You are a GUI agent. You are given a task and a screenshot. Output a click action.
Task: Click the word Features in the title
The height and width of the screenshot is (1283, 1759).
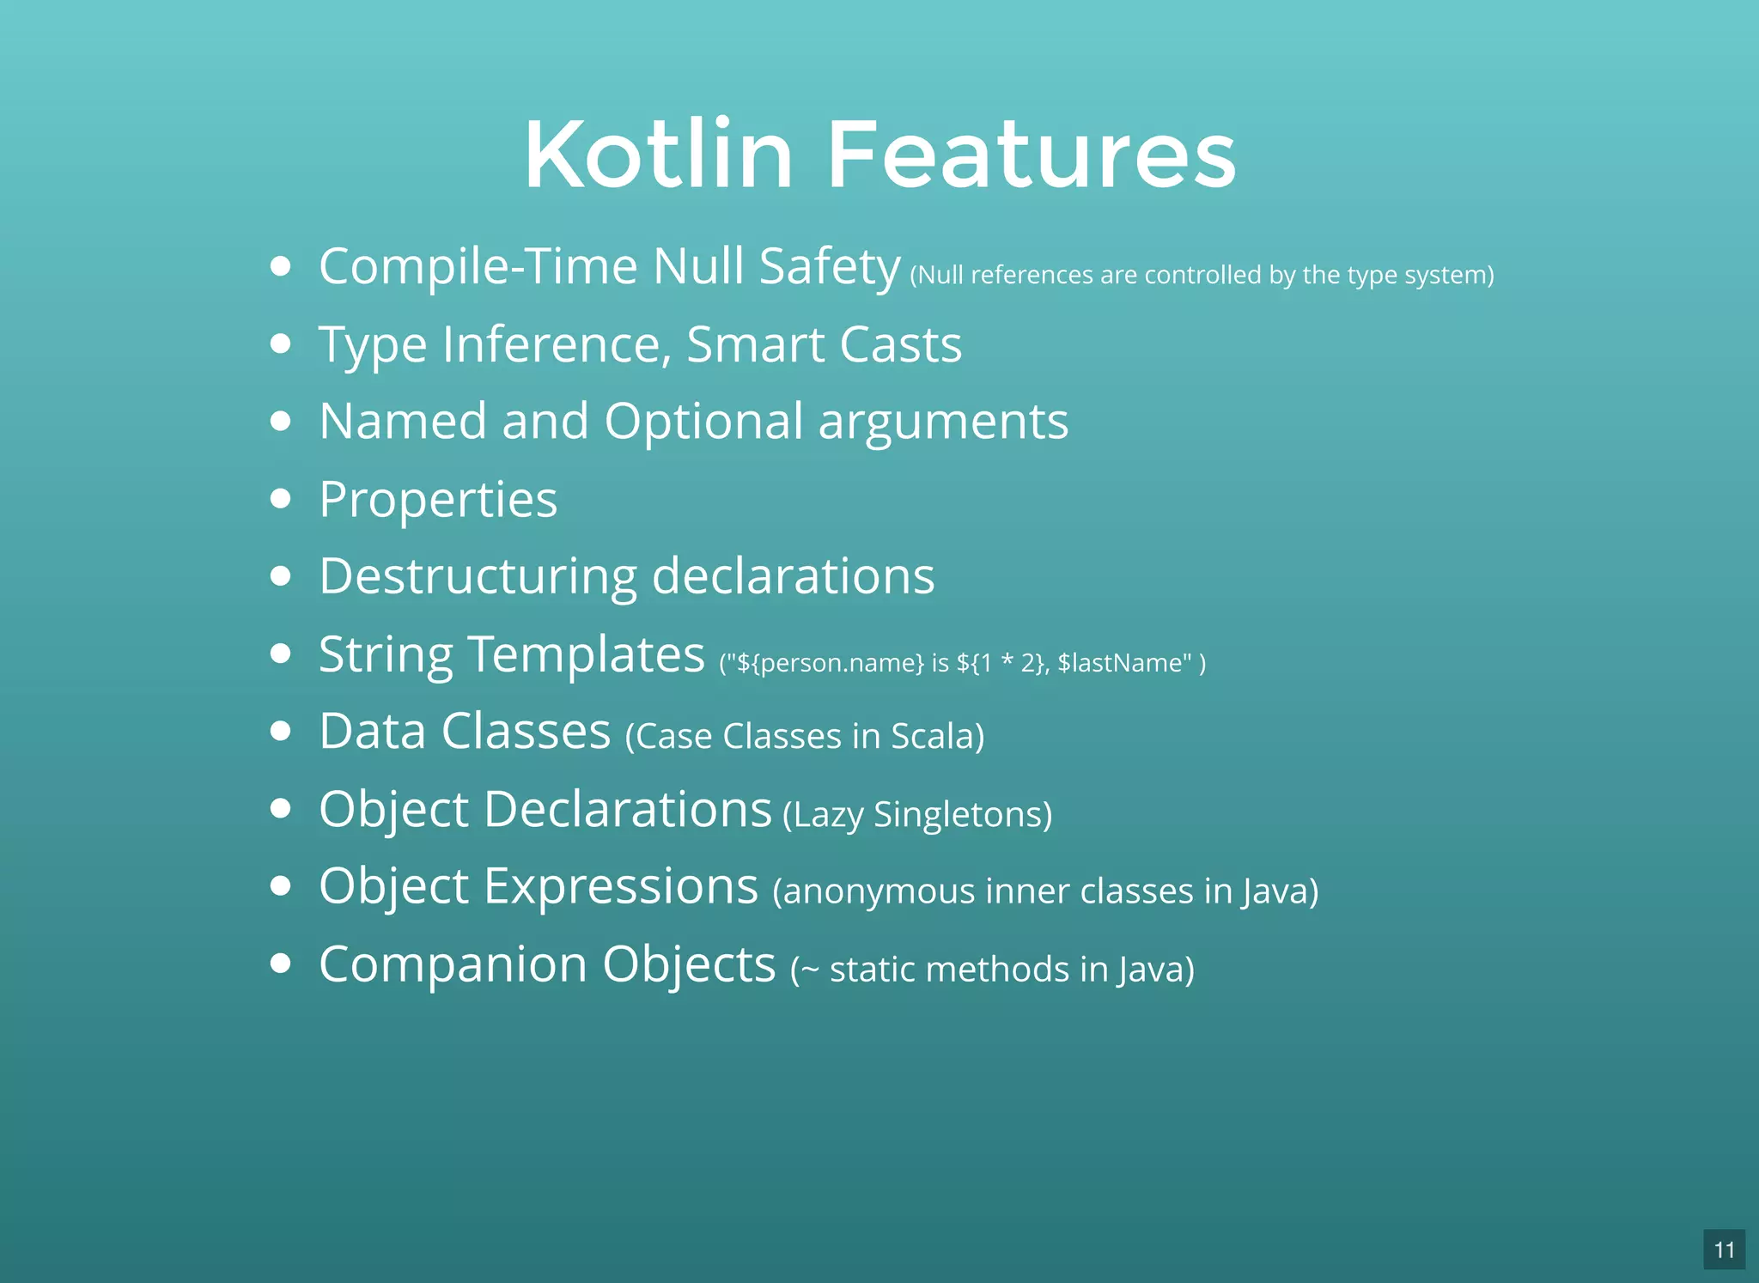[x=1031, y=155]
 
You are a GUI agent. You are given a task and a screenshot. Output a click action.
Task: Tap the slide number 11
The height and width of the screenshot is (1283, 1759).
[x=1724, y=1250]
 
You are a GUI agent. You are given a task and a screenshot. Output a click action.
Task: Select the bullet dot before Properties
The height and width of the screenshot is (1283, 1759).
[x=280, y=498]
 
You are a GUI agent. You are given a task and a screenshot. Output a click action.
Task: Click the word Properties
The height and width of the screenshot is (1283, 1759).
[x=438, y=500]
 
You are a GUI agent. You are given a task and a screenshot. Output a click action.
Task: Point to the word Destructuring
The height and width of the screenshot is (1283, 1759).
[x=478, y=576]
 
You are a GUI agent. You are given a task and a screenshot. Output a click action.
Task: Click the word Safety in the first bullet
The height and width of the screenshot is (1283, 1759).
[x=829, y=267]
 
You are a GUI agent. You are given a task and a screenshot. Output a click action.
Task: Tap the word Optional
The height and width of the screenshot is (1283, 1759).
[x=703, y=422]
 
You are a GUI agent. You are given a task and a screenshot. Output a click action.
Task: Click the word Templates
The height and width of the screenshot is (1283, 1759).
[x=587, y=654]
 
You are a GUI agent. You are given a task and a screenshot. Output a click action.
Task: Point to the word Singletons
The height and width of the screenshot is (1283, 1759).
[x=959, y=814]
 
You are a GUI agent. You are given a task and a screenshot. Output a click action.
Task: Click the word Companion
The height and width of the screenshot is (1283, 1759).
[x=453, y=964]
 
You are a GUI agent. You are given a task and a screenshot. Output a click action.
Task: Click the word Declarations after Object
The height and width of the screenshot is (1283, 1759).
[x=628, y=809]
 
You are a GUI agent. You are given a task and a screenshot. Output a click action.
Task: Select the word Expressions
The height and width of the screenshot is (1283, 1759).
[x=621, y=886]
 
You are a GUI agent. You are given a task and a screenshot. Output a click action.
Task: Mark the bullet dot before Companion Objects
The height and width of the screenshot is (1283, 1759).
[x=280, y=964]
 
